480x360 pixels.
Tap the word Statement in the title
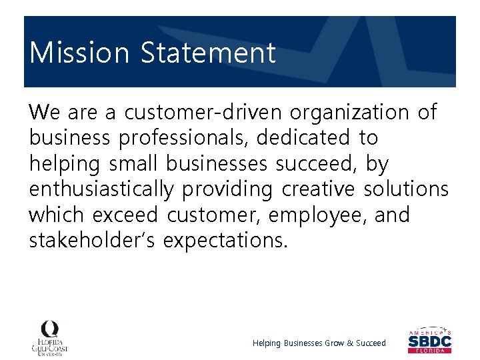(208, 53)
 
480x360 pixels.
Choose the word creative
(318, 190)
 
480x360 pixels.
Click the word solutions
(406, 190)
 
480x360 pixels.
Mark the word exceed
(125, 216)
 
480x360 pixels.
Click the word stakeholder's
(93, 241)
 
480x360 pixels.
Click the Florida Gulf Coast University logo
(51, 337)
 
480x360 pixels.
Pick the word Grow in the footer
(334, 343)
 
